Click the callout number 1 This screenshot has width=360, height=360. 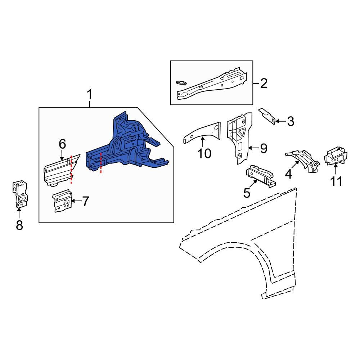[x=89, y=95]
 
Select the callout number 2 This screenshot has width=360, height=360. [x=264, y=84]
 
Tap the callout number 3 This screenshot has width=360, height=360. [x=290, y=122]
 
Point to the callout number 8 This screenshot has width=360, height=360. [x=19, y=225]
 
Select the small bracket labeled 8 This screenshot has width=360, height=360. [x=19, y=194]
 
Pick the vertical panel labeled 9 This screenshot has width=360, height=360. [x=238, y=137]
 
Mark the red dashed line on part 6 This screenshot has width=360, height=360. [x=71, y=169]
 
